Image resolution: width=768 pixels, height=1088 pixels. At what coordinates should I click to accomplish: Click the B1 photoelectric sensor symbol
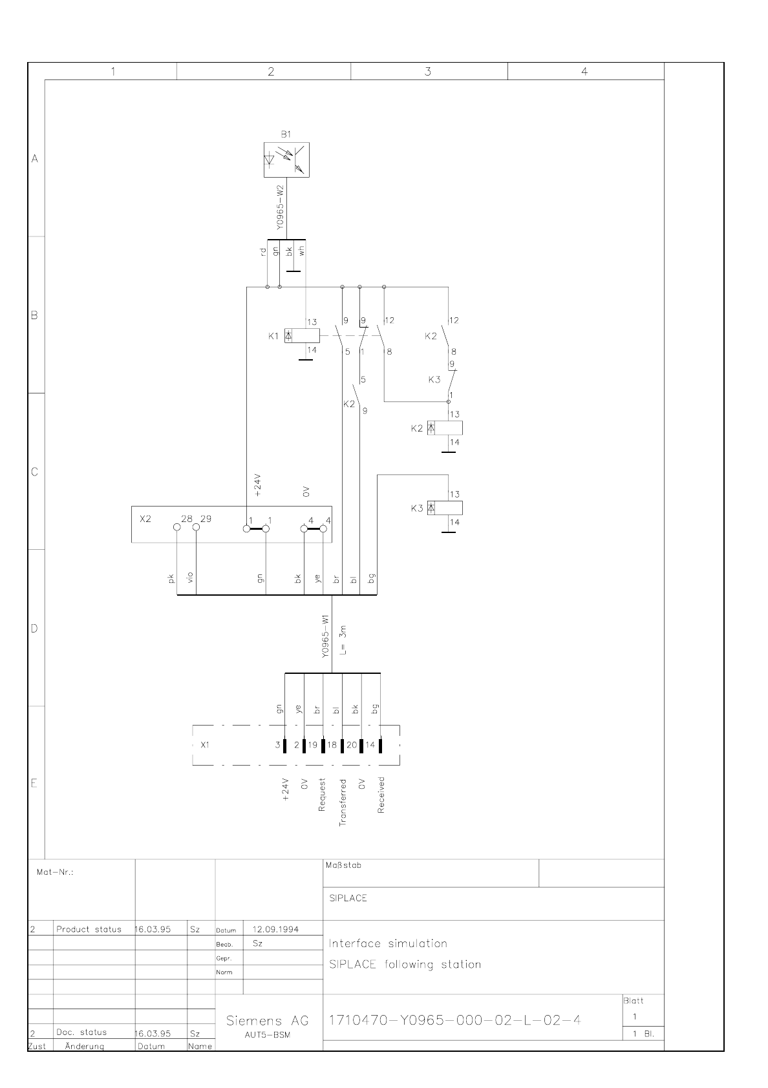[x=286, y=160]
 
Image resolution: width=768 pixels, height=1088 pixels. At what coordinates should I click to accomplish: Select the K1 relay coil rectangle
[x=302, y=335]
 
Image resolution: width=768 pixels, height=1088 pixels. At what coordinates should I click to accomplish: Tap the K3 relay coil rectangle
[x=445, y=508]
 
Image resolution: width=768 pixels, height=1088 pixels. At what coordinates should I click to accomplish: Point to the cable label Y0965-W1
[x=325, y=637]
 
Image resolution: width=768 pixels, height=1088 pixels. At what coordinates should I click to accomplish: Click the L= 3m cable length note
[x=343, y=640]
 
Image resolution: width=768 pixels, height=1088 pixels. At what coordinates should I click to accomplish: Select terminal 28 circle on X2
[x=177, y=527]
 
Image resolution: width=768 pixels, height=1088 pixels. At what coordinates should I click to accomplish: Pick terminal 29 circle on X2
[x=197, y=527]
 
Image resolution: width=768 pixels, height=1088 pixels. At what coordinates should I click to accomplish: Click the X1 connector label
[x=205, y=744]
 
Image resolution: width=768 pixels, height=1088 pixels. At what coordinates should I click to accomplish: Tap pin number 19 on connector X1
[x=312, y=744]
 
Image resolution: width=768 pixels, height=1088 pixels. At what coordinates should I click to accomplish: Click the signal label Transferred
[x=343, y=802]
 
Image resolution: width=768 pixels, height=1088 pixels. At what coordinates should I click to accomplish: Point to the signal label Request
[x=322, y=795]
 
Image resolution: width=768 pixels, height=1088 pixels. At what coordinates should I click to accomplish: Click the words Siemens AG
[x=268, y=1021]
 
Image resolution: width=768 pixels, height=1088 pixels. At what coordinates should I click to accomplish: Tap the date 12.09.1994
[x=275, y=929]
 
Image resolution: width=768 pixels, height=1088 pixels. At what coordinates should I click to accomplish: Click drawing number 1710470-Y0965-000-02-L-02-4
[x=455, y=1020]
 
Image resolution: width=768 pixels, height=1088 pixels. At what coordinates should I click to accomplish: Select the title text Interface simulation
[x=388, y=943]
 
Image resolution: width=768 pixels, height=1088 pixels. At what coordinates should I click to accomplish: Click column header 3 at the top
[x=428, y=72]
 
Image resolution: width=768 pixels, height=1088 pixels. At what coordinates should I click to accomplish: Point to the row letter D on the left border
[x=34, y=629]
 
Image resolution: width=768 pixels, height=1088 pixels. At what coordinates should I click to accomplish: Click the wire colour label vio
[x=190, y=577]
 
